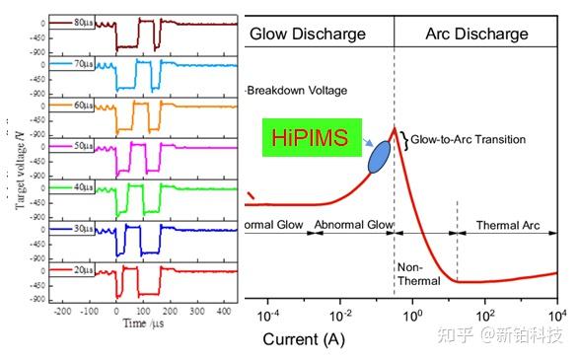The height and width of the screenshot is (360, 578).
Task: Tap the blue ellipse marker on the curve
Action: click(x=377, y=156)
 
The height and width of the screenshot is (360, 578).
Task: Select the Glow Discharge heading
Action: click(x=307, y=34)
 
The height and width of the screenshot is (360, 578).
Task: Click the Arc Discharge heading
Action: click(x=476, y=34)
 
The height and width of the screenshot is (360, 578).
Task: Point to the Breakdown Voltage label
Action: click(x=297, y=90)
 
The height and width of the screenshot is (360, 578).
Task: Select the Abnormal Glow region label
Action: click(x=352, y=225)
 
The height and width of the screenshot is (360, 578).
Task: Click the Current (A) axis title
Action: click(x=305, y=338)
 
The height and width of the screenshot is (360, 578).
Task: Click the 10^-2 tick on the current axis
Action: click(x=340, y=317)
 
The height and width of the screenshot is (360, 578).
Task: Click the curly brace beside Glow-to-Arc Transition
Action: click(x=402, y=139)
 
